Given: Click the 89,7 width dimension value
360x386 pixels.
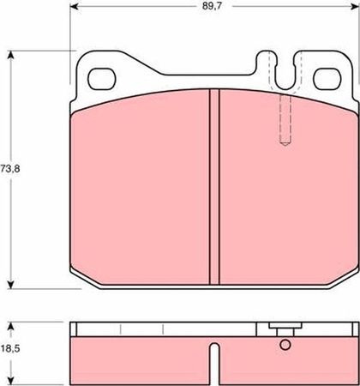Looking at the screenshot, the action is click(212, 7).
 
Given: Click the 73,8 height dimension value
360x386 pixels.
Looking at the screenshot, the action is click(10, 168).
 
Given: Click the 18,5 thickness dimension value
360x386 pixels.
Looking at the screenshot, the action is click(10, 349).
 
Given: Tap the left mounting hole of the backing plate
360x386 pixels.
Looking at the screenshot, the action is click(101, 79).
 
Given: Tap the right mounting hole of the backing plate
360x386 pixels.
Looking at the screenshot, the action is click(327, 79).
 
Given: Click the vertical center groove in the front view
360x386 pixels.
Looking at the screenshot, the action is click(214, 186).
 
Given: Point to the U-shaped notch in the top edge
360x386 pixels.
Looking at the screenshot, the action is click(285, 70).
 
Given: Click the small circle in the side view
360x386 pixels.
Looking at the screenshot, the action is click(285, 345).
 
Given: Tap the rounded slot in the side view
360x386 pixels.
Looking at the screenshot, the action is click(214, 364).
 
